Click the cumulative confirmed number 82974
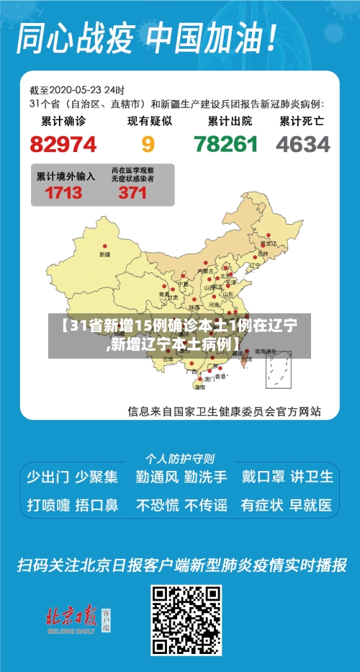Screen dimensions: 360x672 (x=63, y=144)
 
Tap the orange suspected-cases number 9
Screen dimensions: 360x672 (x=148, y=144)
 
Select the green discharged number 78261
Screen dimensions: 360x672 (x=225, y=144)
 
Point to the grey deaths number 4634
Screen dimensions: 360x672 (x=303, y=144)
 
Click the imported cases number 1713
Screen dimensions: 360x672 (x=63, y=192)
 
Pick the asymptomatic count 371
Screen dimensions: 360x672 (x=132, y=192)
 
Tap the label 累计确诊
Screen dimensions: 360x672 (x=63, y=121)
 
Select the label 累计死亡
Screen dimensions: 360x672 (x=302, y=121)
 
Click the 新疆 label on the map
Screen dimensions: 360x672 (x=105, y=254)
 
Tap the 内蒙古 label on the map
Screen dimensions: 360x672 (x=207, y=270)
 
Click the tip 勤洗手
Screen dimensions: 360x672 (x=205, y=476)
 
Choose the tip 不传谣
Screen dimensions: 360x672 (x=205, y=505)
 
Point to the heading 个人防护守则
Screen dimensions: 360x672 (x=180, y=458)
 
